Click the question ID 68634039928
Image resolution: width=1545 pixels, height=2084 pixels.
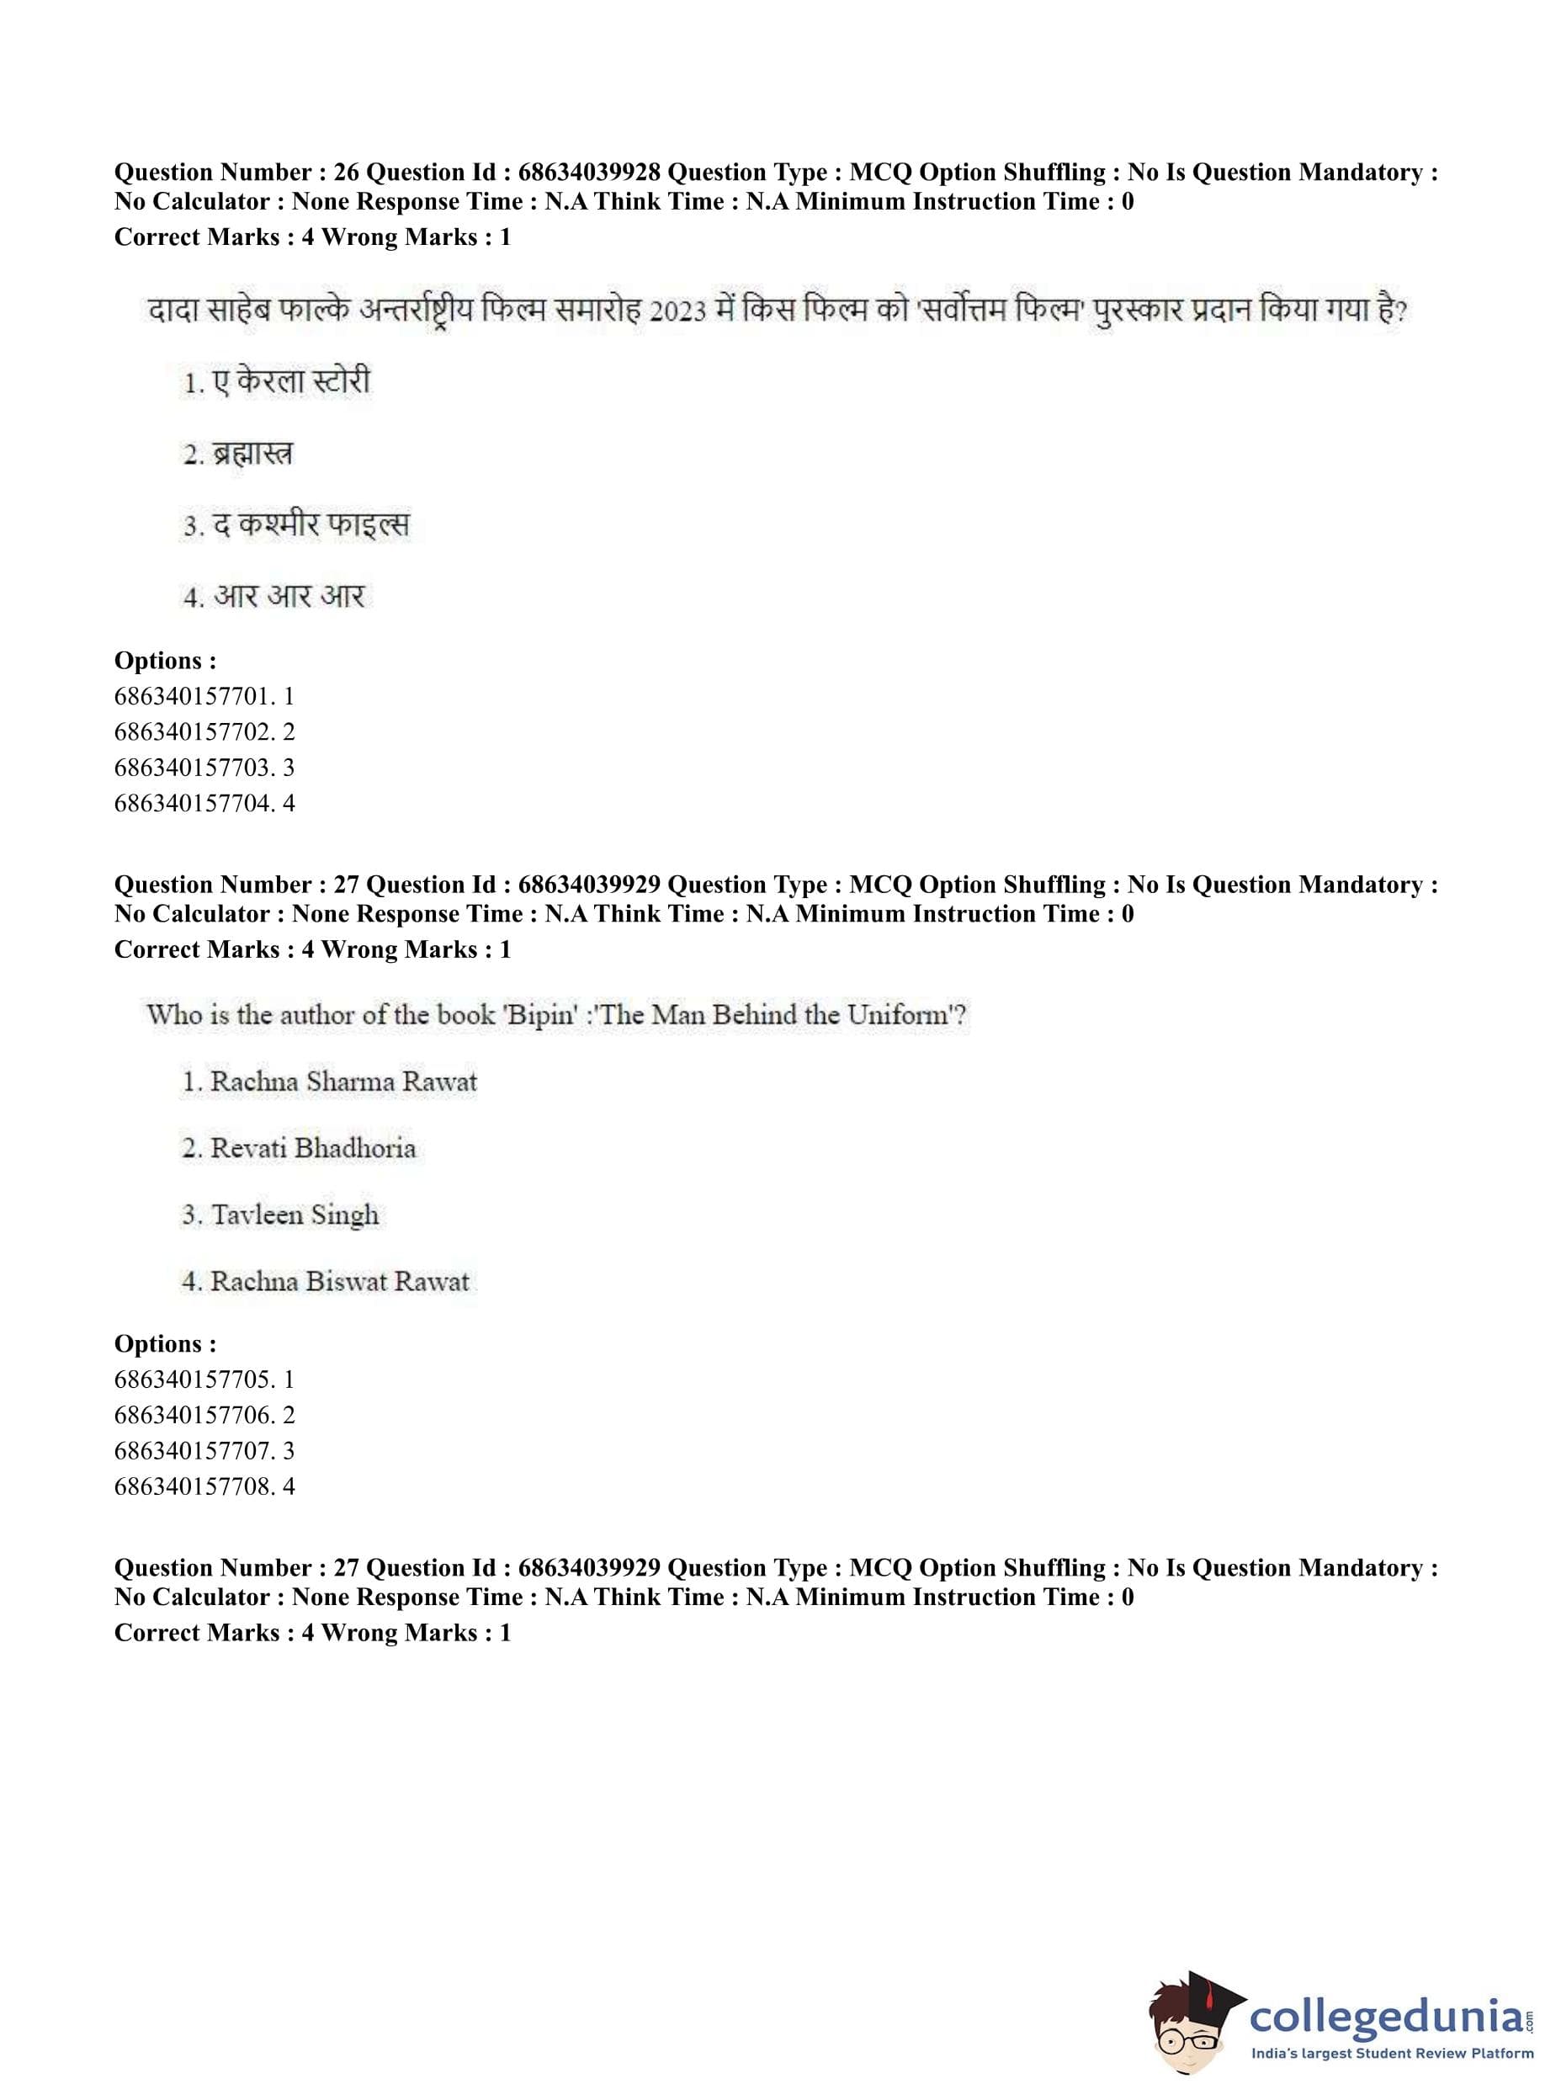click(588, 172)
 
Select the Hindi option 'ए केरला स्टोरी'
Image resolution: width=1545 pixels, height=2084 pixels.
click(291, 381)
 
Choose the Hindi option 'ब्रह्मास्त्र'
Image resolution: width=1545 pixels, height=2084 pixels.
click(252, 454)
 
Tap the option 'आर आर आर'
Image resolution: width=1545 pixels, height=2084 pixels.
click(288, 596)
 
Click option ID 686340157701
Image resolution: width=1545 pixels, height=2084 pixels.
click(194, 696)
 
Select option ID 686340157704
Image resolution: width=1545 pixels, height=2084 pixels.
click(194, 803)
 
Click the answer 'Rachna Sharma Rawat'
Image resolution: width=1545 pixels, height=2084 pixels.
click(343, 1082)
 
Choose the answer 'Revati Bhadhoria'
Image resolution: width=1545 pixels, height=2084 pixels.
click(312, 1149)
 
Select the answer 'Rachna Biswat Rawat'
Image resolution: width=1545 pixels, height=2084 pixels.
click(339, 1281)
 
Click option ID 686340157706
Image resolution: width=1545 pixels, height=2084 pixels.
click(194, 1415)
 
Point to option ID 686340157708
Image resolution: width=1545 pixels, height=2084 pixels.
click(194, 1486)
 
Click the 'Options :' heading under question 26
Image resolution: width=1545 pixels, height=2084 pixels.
click(166, 661)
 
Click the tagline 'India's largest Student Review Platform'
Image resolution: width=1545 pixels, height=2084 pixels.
click(1392, 2054)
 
